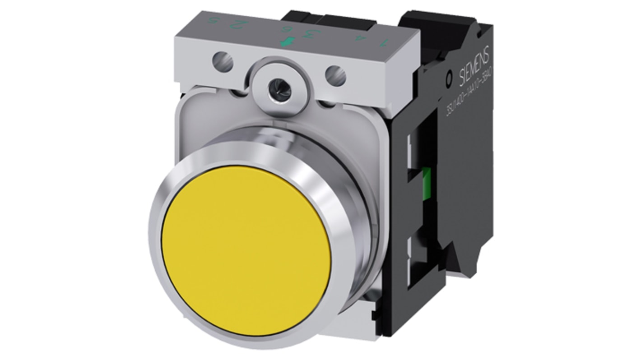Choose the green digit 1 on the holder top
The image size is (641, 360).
coord(384,42)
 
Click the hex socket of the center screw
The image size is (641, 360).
coord(275,72)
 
